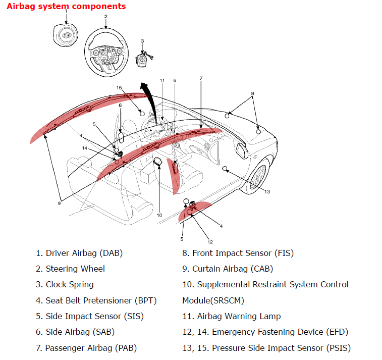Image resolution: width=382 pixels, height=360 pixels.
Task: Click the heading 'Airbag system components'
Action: tap(66, 7)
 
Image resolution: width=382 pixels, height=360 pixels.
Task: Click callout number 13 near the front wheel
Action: tap(267, 191)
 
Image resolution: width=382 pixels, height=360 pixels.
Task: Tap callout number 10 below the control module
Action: tap(159, 215)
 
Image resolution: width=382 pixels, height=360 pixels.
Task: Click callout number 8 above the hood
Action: tap(252, 93)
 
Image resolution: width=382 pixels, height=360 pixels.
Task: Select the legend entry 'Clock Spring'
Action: tap(69, 284)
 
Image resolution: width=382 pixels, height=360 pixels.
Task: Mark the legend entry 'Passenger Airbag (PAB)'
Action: tap(91, 348)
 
